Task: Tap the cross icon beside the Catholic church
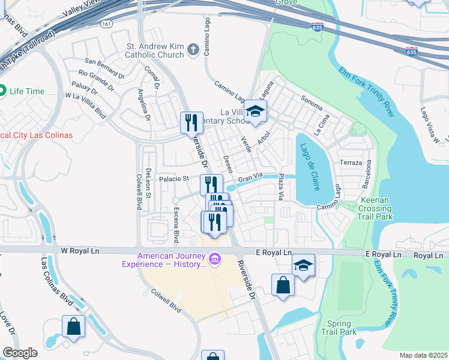pyautogui.click(x=193, y=49)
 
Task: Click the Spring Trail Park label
pyautogui.click(x=339, y=328)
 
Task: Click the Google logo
pyautogui.click(x=20, y=353)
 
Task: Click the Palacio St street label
pyautogui.click(x=174, y=178)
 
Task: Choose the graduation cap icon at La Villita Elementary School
pyautogui.click(x=256, y=112)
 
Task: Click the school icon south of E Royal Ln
pyautogui.click(x=304, y=265)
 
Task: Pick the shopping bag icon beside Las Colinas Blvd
pyautogui.click(x=73, y=327)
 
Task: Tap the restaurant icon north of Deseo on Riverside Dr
pyautogui.click(x=192, y=122)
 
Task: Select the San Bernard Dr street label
pyautogui.click(x=104, y=61)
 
